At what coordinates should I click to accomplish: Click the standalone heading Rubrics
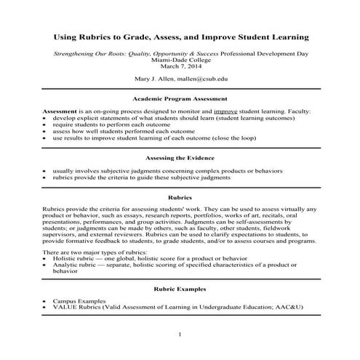[180, 198]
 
